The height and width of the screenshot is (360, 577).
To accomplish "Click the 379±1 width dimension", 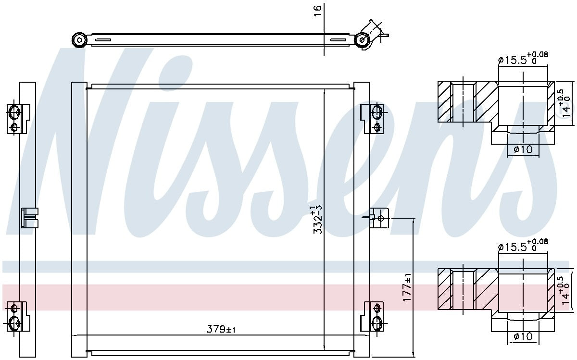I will (x=221, y=329).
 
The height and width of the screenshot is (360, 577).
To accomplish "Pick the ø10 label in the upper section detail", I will (x=523, y=149).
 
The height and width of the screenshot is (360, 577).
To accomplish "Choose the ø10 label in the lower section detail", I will (x=523, y=336).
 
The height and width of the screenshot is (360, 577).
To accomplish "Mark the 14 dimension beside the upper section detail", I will (x=567, y=104).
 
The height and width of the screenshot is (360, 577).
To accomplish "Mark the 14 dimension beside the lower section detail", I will (x=567, y=291).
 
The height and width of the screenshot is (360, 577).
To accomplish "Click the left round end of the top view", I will (x=78, y=39).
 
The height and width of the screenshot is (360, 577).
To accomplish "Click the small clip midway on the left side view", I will (x=29, y=217).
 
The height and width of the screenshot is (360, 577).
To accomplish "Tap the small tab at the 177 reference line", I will (x=380, y=218).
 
